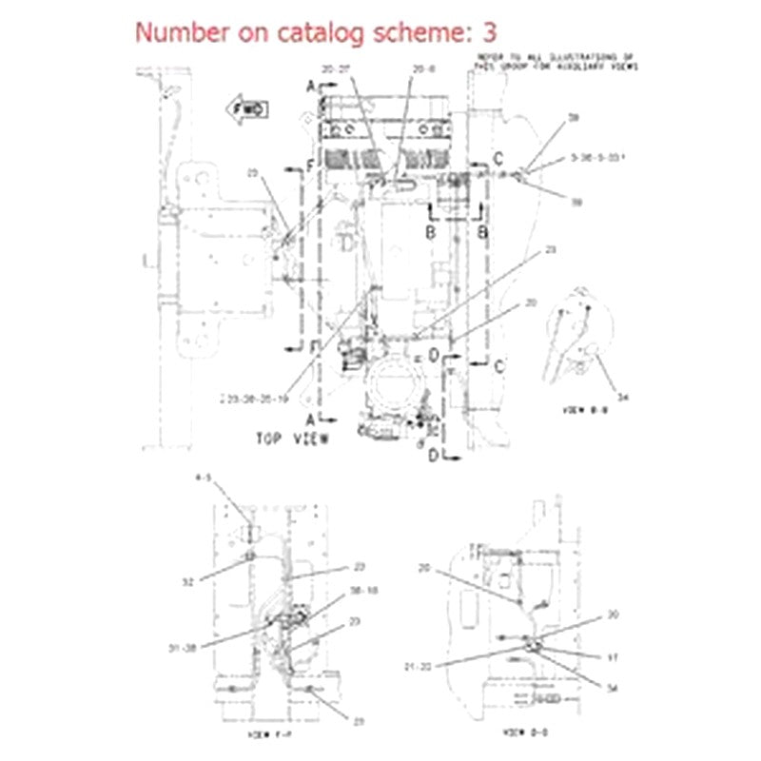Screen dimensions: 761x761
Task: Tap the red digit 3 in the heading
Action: pyautogui.click(x=487, y=31)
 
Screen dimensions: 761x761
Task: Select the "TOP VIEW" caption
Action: pyautogui.click(x=291, y=439)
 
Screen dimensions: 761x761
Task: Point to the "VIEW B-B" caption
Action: pyautogui.click(x=583, y=411)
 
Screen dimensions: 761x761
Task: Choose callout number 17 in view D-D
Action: pyautogui.click(x=614, y=655)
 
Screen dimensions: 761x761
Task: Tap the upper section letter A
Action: pyautogui.click(x=310, y=87)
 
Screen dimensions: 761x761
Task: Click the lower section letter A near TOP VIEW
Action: pyautogui.click(x=310, y=417)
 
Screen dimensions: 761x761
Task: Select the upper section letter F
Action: pyautogui.click(x=309, y=166)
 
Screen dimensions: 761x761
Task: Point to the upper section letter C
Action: pyautogui.click(x=497, y=158)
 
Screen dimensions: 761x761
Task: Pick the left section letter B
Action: pyautogui.click(x=430, y=230)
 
